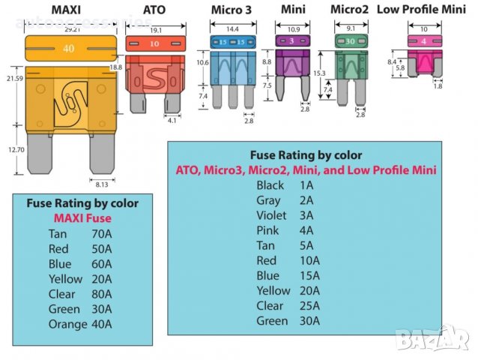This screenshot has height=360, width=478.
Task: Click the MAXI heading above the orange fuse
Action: coord(67,10)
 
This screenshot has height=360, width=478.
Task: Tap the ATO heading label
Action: coord(153,10)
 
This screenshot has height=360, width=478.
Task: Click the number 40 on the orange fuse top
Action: coord(68,48)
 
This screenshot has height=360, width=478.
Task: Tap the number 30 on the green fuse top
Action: coord(349,41)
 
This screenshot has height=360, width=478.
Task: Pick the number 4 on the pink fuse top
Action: coord(423,41)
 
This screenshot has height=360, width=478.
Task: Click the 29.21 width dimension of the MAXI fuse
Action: coord(72,31)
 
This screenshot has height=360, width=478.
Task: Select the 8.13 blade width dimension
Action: coord(100,182)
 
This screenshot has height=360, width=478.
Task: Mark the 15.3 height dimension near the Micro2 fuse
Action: coord(318,73)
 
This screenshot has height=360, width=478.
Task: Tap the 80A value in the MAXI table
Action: coord(100,294)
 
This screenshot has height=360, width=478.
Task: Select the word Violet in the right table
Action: coord(271,215)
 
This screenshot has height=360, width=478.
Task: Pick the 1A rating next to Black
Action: coord(306,185)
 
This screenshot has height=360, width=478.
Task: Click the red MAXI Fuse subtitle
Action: coord(82,218)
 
